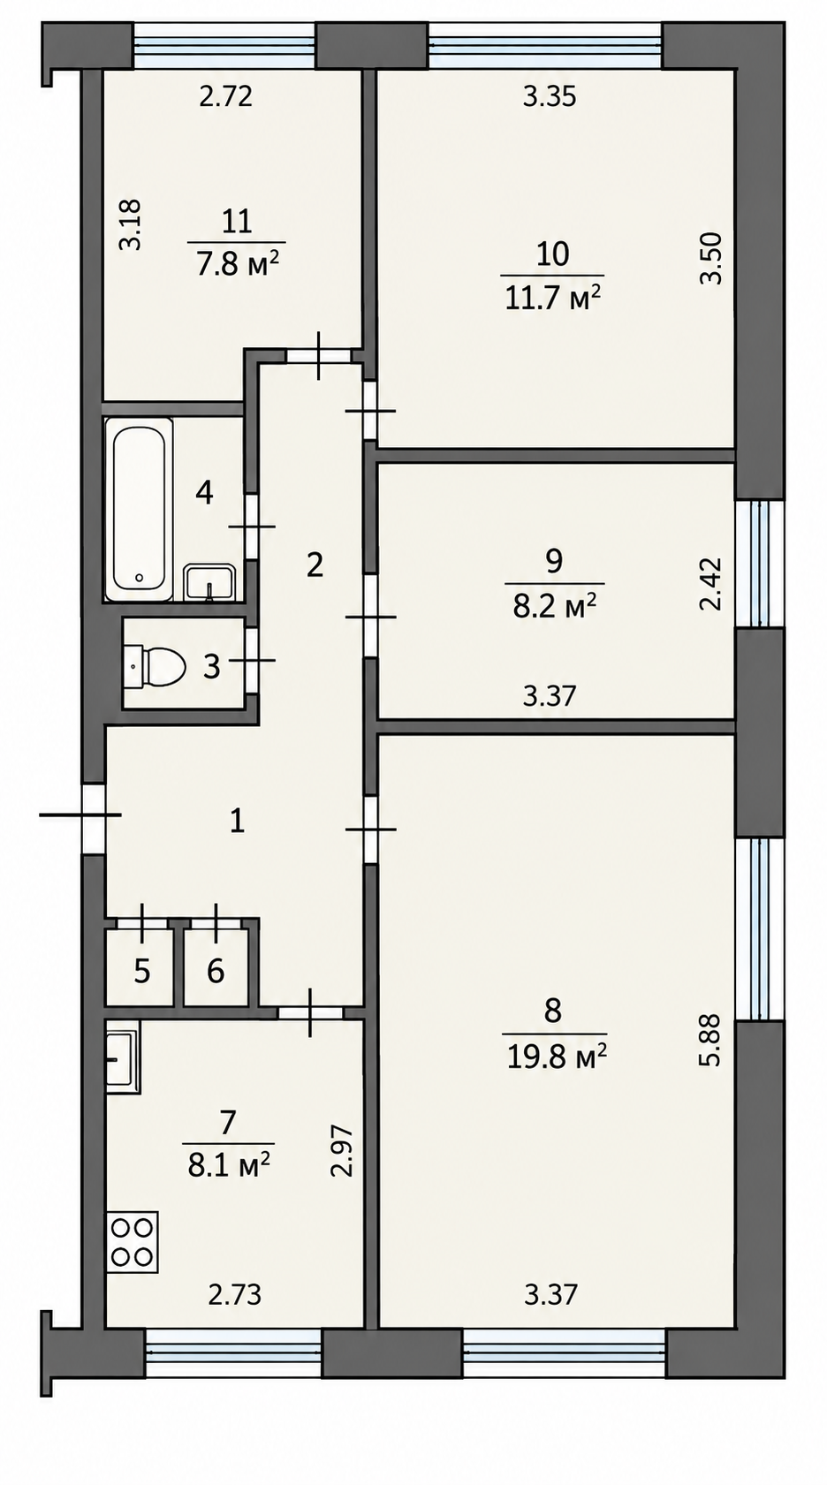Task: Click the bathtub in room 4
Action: click(139, 509)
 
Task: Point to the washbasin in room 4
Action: click(209, 583)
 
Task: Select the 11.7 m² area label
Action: click(553, 299)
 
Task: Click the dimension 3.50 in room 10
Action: click(710, 258)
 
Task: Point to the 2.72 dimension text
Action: click(226, 97)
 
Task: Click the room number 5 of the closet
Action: click(142, 972)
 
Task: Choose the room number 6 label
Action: click(216, 972)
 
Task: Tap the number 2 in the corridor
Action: click(315, 564)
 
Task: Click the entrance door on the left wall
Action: click(94, 819)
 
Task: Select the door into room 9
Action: click(371, 617)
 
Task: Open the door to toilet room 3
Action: click(251, 660)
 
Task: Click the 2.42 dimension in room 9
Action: click(710, 583)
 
